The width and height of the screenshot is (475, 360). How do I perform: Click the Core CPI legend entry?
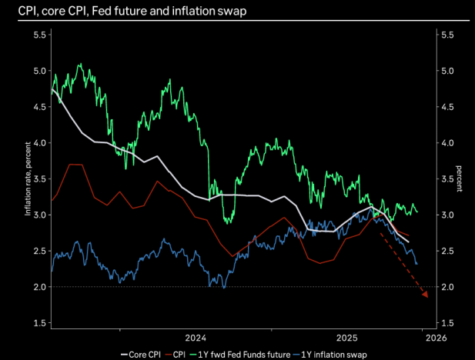coord(143,355)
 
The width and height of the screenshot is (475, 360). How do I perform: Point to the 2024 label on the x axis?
coord(196,337)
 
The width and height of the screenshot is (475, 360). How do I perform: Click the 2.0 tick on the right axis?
coord(446,287)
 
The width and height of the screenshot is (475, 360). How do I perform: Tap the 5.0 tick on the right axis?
coord(446,72)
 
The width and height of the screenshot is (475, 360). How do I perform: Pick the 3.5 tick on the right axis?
coord(446,179)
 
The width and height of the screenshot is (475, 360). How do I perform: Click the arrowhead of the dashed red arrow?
coord(424,293)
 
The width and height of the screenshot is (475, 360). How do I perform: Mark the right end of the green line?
coord(417,212)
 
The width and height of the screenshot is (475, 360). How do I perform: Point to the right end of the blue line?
coord(417,264)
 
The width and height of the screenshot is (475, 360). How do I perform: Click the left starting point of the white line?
coord(52,90)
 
